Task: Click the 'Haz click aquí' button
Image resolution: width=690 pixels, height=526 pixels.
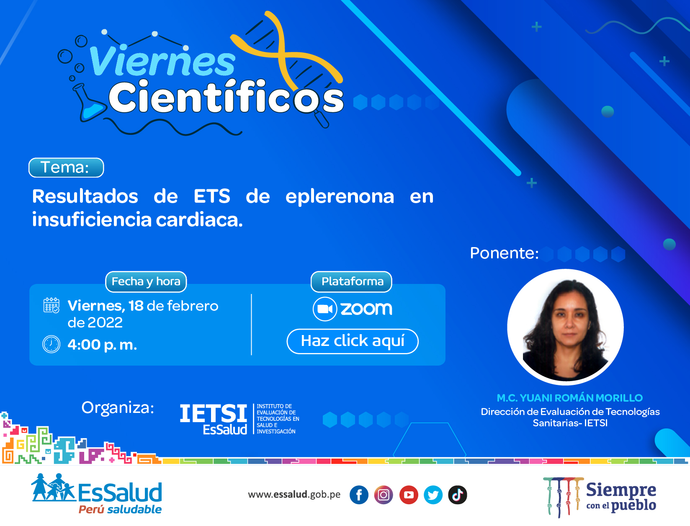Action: click(353, 341)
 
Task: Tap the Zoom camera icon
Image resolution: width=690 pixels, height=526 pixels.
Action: click(325, 309)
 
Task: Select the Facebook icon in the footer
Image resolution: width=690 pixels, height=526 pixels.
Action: click(359, 495)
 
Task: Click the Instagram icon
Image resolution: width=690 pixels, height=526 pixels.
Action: click(384, 495)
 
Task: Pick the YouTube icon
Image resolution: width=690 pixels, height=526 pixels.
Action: click(408, 495)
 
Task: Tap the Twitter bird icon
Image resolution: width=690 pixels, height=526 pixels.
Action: click(433, 495)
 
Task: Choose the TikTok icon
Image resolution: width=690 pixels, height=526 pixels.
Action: click(457, 495)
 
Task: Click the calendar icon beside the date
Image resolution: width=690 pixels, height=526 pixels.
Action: click(51, 305)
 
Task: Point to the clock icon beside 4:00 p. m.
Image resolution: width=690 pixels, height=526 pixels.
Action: click(51, 344)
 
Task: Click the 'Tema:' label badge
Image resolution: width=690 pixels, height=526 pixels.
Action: click(66, 168)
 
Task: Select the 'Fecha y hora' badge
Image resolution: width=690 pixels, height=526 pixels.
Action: click(146, 281)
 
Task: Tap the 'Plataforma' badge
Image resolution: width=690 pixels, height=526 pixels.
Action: click(351, 281)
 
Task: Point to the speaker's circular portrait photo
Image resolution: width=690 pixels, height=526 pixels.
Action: click(565, 327)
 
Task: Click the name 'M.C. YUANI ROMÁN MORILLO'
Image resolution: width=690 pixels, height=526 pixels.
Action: click(569, 398)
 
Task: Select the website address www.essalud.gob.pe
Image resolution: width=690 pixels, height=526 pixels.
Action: click(294, 495)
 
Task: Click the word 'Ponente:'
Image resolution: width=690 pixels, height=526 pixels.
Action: click(504, 253)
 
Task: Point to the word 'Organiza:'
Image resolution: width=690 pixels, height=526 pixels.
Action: click(118, 408)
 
